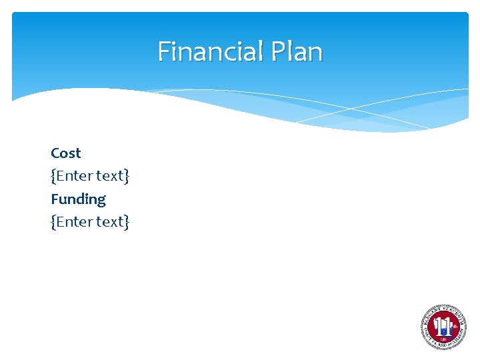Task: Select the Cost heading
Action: pyautogui.click(x=65, y=153)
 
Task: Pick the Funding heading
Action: pyautogui.click(x=78, y=199)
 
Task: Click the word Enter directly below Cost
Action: pyautogui.click(x=74, y=176)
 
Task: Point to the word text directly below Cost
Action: pyautogui.click(x=109, y=176)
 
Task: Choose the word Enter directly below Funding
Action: pyautogui.click(x=74, y=222)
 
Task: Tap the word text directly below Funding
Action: pyautogui.click(x=109, y=222)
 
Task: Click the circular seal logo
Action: pyautogui.click(x=443, y=327)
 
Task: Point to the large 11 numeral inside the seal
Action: pyautogui.click(x=442, y=326)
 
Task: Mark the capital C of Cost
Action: pyautogui.click(x=55, y=153)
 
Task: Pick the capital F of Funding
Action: pyautogui.click(x=55, y=199)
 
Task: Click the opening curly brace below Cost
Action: pyautogui.click(x=53, y=176)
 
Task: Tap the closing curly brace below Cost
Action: pyautogui.click(x=127, y=176)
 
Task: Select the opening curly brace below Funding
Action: pyautogui.click(x=53, y=222)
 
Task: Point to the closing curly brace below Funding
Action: pyautogui.click(x=127, y=222)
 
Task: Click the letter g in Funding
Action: pyautogui.click(x=101, y=201)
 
